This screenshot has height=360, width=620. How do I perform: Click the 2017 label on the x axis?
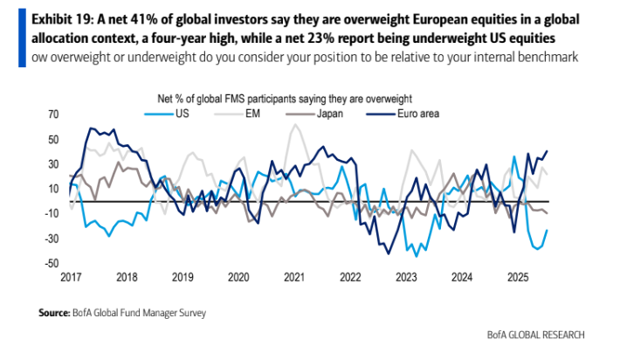pos(71,277)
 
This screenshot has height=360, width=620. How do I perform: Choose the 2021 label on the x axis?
pos(294,277)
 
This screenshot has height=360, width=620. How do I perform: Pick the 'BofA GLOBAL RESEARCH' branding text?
pos(535,336)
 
